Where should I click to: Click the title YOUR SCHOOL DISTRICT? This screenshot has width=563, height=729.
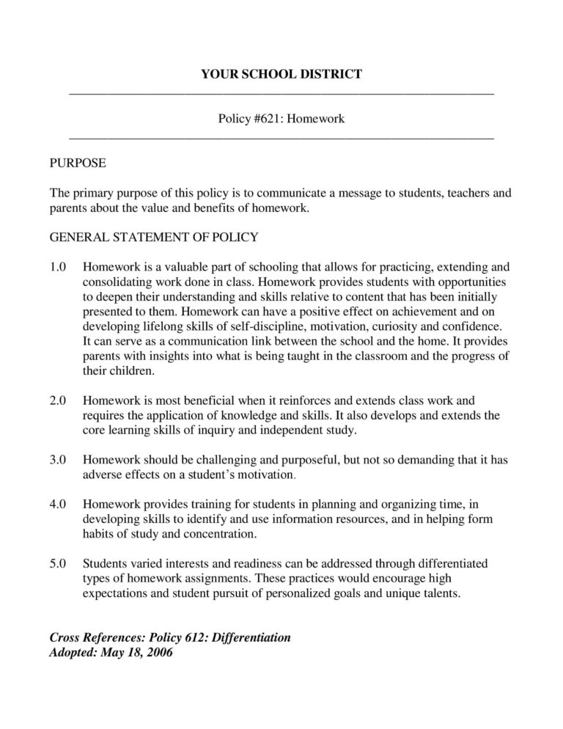tap(281, 74)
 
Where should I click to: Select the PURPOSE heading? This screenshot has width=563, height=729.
tap(78, 162)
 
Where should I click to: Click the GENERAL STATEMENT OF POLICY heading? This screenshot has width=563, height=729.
tap(153, 238)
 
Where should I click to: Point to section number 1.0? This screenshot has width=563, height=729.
tap(58, 267)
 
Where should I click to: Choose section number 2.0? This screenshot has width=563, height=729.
tap(58, 400)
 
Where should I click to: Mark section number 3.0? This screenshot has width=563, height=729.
tap(58, 460)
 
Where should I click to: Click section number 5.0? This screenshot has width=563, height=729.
tap(58, 564)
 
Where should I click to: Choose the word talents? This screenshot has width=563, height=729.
tap(440, 593)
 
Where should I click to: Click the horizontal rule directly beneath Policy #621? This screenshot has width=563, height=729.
tap(281, 137)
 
